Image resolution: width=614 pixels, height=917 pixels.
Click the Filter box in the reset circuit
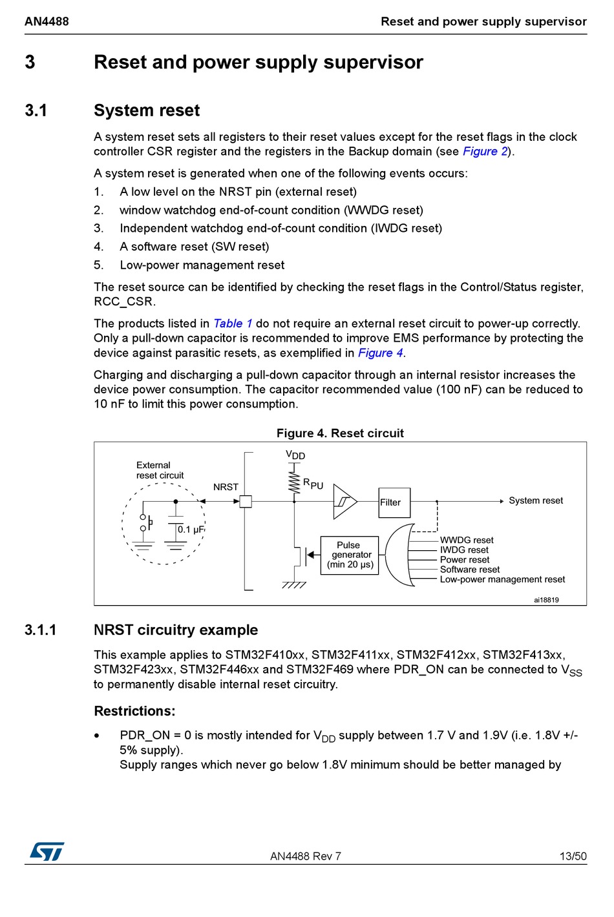pyautogui.click(x=394, y=502)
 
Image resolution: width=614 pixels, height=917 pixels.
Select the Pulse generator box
pyautogui.click(x=350, y=555)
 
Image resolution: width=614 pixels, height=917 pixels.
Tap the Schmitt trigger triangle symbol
pyautogui.click(x=344, y=502)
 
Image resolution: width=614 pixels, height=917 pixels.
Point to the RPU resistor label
pyautogui.click(x=313, y=484)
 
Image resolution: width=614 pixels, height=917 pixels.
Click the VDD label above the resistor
pyautogui.click(x=295, y=455)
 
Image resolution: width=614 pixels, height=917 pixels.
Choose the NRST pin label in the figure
pyautogui.click(x=226, y=487)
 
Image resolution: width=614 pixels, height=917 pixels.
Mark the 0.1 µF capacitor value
pyautogui.click(x=191, y=530)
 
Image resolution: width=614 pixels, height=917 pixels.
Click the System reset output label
pyautogui.click(x=535, y=500)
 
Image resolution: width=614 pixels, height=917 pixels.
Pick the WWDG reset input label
pyautogui.click(x=467, y=541)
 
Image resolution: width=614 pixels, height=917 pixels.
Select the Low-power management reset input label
pyautogui.click(x=502, y=580)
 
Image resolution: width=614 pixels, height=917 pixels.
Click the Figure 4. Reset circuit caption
pyautogui.click(x=340, y=433)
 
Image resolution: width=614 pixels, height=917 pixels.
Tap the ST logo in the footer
pyautogui.click(x=47, y=851)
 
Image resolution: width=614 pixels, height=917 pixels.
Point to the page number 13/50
pyautogui.click(x=573, y=856)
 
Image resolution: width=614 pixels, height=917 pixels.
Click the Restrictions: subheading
pyautogui.click(x=134, y=711)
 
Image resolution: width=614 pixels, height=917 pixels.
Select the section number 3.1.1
pyautogui.click(x=40, y=630)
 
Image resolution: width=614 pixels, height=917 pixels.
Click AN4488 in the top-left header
pyautogui.click(x=47, y=21)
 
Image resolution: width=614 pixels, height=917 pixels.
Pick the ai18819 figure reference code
pyautogui.click(x=546, y=600)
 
